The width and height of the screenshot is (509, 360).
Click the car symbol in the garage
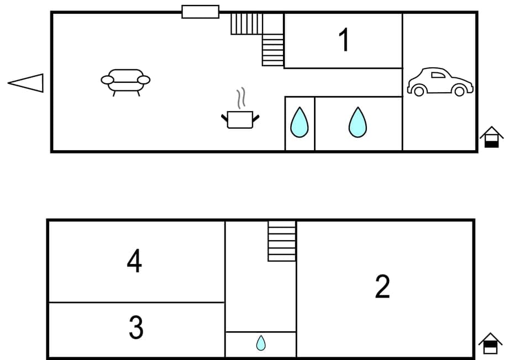[x=440, y=82]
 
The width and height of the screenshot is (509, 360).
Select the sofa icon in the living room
[x=125, y=81]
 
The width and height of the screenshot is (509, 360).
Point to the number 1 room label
[x=344, y=40]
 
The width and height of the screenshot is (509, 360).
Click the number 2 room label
[x=382, y=287]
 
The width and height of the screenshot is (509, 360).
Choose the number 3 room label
[x=136, y=328]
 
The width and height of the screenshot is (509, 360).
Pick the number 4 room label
[x=134, y=261]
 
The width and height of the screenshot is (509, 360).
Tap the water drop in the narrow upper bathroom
[x=299, y=123]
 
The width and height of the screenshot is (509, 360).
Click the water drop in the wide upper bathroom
[x=358, y=123]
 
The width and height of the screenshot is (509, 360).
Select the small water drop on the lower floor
[x=261, y=343]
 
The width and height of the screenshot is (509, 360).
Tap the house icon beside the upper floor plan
[x=491, y=137]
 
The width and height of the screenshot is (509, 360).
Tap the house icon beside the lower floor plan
[x=490, y=343]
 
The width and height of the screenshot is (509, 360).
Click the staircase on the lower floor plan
[x=282, y=241]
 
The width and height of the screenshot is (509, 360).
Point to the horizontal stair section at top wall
[x=246, y=24]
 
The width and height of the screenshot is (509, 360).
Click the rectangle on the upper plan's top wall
[x=200, y=12]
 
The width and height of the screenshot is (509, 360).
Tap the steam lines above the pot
[x=240, y=98]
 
